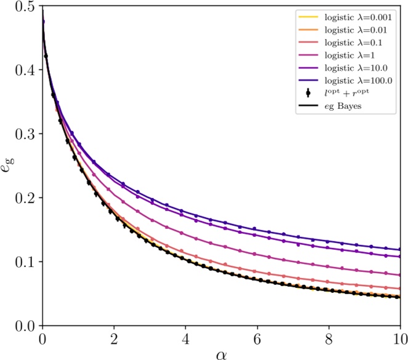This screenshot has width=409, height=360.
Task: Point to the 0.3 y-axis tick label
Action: pos(25,134)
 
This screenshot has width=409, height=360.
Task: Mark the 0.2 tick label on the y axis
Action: pos(25,198)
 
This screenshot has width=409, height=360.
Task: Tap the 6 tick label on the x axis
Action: pos(257,338)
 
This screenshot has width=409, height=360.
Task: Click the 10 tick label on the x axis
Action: pos(400,338)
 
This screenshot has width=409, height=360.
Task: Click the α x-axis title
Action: pos(221,353)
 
